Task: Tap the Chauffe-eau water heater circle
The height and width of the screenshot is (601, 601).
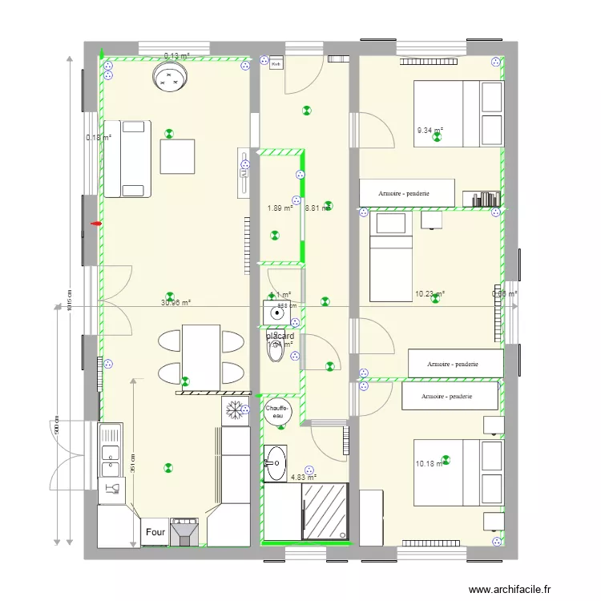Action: point(278,411)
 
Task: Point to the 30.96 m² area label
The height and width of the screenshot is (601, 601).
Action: point(175,303)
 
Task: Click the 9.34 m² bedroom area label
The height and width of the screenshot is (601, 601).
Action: point(430,131)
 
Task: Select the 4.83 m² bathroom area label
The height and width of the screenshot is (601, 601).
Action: point(303,478)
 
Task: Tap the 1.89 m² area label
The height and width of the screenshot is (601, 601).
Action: point(280,208)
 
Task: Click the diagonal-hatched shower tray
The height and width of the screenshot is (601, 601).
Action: point(325,510)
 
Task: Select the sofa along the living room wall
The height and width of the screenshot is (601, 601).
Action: point(127,158)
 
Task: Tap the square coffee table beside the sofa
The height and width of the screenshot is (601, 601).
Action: point(177,156)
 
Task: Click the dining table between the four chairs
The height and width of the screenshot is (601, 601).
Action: point(201,356)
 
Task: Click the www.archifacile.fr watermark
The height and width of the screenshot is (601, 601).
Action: point(510,589)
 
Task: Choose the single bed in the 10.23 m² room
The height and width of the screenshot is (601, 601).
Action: point(391,256)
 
